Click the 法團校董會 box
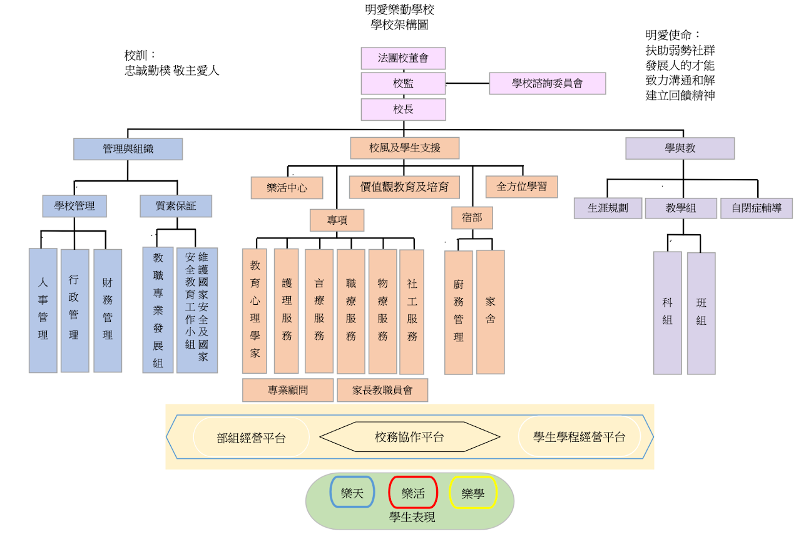tap(403, 58)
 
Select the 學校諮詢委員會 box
tap(548, 83)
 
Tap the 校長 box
tap(403, 109)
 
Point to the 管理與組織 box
tap(128, 149)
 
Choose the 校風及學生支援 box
tap(405, 148)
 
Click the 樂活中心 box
tap(287, 188)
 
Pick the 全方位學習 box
tap(521, 187)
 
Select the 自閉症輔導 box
tap(756, 208)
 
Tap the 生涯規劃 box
tap(608, 208)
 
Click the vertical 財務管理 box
tap(108, 310)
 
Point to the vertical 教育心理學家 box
tap(255, 311)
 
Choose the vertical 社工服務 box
tap(412, 311)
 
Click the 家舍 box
tap(490, 312)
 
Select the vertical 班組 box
tap(701, 313)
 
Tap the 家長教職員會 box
tap(382, 390)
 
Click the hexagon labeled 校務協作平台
tap(410, 437)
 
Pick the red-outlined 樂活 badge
tap(413, 493)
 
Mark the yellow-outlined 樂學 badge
tap(473, 493)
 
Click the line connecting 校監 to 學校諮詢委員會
tap(467, 83)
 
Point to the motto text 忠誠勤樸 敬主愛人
tap(172, 71)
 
